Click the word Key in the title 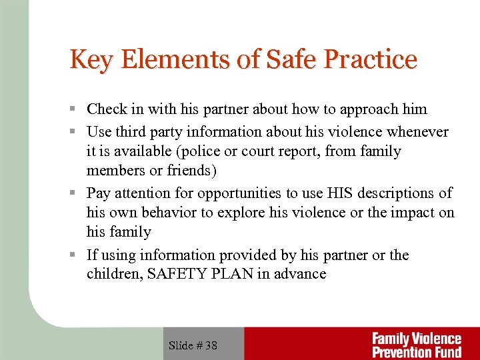(89, 59)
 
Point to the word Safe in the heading (286, 59)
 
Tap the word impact (415, 213)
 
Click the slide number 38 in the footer (211, 345)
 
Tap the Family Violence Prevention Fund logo (416, 345)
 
